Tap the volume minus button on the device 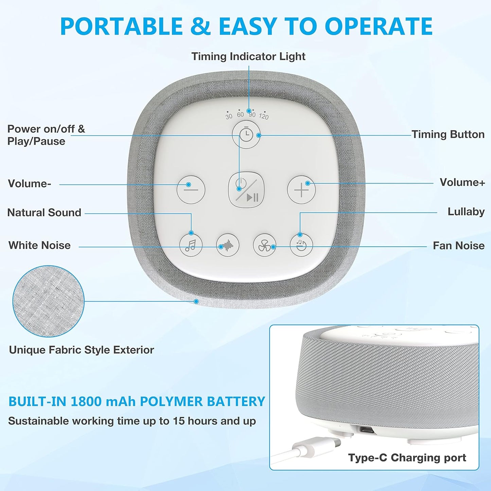(x=191, y=190)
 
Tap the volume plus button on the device (x=301, y=190)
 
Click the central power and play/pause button (x=246, y=190)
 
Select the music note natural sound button (x=191, y=245)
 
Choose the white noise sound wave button (x=228, y=245)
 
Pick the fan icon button (x=264, y=245)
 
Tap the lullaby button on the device (x=301, y=245)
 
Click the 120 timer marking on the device (x=264, y=117)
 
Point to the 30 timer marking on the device (x=229, y=116)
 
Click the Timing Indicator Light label (x=248, y=56)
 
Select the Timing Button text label (x=448, y=135)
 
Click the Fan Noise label (x=458, y=246)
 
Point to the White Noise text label (x=39, y=245)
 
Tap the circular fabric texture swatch (x=48, y=301)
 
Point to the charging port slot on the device (x=367, y=431)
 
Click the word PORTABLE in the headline (x=121, y=27)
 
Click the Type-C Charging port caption (x=407, y=458)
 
